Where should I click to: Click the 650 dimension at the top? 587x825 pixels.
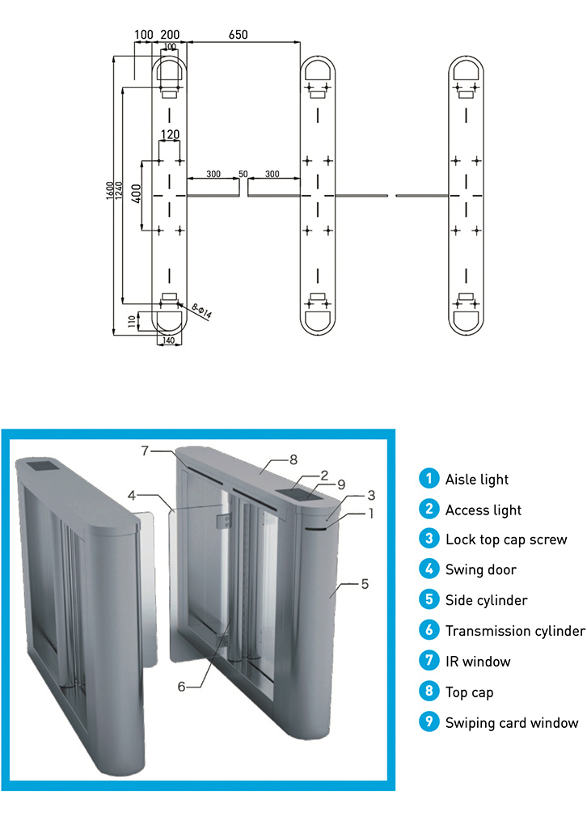tap(238, 35)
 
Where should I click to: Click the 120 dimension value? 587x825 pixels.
tap(170, 134)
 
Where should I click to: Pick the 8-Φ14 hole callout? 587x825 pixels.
tap(201, 311)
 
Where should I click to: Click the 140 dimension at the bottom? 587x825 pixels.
tap(169, 341)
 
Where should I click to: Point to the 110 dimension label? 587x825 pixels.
tap(133, 321)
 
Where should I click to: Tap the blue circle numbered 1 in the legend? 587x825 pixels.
tap(428, 479)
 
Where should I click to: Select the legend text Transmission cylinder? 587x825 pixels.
tap(514, 631)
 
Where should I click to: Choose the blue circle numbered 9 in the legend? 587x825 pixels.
tap(428, 722)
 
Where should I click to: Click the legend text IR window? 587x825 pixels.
tap(478, 662)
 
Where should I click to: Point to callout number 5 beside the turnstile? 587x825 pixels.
tap(365, 583)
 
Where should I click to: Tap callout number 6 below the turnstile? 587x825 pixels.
tap(182, 686)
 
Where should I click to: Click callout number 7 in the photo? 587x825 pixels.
tap(146, 451)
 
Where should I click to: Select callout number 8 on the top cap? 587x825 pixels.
tap(293, 459)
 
